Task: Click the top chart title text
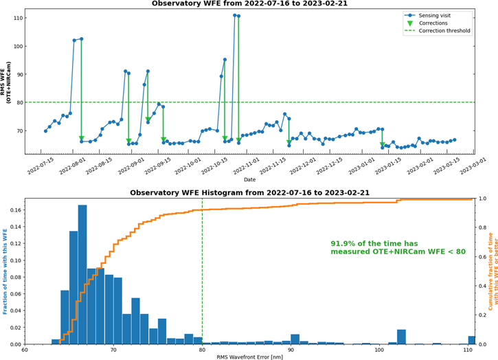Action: click(249, 4)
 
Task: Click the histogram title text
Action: click(249, 193)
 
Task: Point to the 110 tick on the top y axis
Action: click(15, 18)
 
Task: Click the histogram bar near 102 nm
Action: click(401, 337)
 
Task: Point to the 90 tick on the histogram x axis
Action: click(291, 349)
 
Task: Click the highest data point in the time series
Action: click(235, 15)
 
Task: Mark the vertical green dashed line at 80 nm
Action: click(202, 275)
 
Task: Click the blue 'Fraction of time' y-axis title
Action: click(5, 271)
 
